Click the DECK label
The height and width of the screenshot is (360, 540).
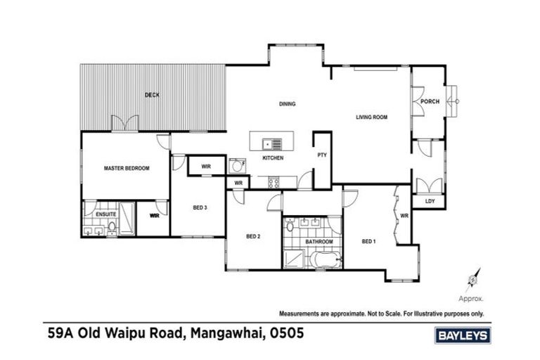[151, 95]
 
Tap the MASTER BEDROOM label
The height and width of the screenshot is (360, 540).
[127, 168]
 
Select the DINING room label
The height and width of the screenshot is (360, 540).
[287, 104]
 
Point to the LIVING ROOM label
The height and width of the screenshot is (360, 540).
[372, 117]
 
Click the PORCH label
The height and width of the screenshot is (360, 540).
[430, 101]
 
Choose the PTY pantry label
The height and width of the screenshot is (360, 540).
[322, 155]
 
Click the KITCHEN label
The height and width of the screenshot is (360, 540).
[273, 159]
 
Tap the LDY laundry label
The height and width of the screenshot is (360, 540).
[430, 202]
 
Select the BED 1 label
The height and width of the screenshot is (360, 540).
[368, 241]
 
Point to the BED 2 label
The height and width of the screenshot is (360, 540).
[253, 236]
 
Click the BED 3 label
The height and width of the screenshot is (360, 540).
[200, 207]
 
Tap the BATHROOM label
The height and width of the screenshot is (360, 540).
[319, 241]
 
